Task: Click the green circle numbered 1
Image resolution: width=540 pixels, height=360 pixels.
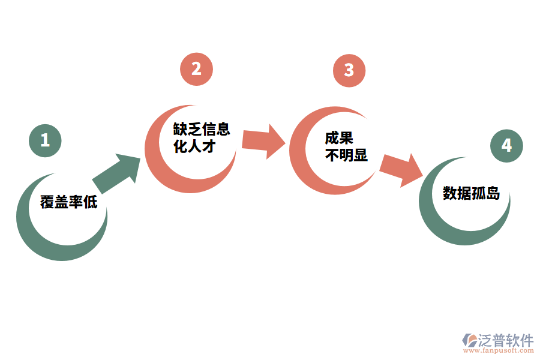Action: [45, 140]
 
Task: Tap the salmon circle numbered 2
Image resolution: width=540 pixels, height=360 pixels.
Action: [196, 69]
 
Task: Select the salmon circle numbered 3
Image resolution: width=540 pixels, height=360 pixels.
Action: [349, 70]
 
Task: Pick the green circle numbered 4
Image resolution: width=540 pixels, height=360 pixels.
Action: [506, 146]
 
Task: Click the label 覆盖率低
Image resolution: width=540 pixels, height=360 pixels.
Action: [68, 202]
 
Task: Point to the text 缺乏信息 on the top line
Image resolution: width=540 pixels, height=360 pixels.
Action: [202, 130]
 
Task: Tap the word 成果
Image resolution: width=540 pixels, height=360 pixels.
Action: [338, 138]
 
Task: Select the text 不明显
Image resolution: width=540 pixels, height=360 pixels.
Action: [346, 155]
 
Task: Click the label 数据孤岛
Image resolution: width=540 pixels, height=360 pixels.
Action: [471, 193]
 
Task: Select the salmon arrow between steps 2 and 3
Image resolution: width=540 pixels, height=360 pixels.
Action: [263, 140]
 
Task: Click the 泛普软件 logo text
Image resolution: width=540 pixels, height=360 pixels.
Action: [505, 340]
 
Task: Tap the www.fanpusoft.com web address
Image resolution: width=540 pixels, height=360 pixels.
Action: [497, 352]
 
